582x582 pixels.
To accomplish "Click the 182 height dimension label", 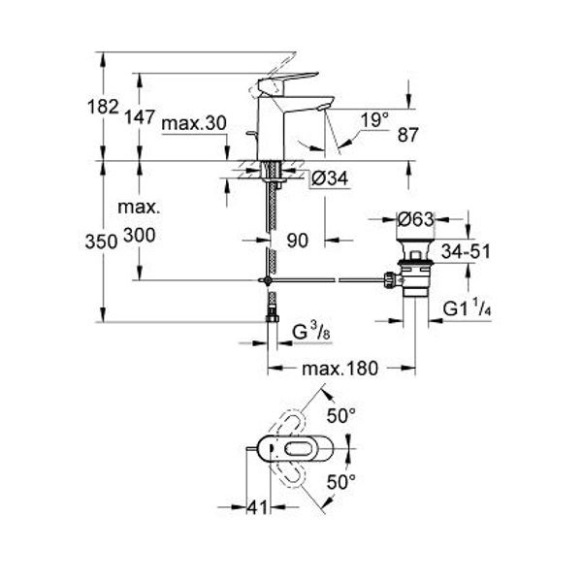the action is (103, 107).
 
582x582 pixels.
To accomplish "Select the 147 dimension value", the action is (139, 117).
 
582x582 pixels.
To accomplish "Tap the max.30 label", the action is (194, 123).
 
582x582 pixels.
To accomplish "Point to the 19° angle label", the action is (374, 120).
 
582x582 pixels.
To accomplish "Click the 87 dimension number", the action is (408, 135).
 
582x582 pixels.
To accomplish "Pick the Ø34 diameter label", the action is (330, 178).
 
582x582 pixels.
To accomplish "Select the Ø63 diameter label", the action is (415, 219).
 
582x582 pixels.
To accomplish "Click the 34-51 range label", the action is (466, 251).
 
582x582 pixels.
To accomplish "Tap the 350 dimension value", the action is (101, 242).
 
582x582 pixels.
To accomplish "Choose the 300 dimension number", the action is (139, 236).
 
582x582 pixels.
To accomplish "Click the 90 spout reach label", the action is (298, 241).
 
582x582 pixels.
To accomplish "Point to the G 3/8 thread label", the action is (311, 332).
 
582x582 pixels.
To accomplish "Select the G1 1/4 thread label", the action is (468, 308).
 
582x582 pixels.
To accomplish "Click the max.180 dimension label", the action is (339, 369).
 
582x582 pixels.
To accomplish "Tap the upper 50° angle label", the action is (341, 416).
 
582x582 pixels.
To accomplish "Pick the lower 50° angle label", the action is (341, 482).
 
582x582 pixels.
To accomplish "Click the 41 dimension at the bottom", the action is (257, 507).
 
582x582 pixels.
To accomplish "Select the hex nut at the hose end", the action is (273, 319).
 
